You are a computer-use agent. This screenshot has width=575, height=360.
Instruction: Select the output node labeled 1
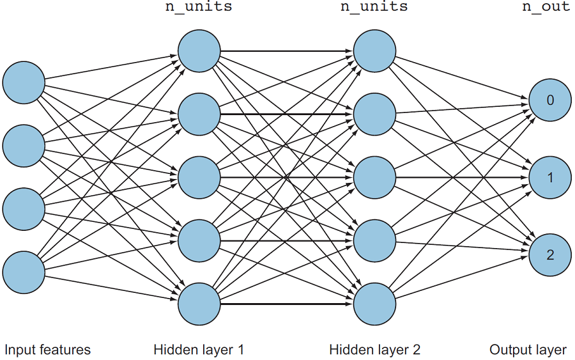click(x=550, y=177)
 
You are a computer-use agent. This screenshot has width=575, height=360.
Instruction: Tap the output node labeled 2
click(x=550, y=255)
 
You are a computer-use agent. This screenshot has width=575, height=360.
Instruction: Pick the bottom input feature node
click(x=24, y=272)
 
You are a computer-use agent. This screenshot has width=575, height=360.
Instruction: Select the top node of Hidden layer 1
click(x=199, y=51)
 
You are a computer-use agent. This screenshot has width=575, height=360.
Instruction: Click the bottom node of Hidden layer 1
click(x=199, y=304)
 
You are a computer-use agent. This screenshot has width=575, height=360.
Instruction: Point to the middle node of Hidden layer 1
click(x=199, y=177)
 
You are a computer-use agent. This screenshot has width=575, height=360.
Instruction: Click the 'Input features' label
click(x=48, y=350)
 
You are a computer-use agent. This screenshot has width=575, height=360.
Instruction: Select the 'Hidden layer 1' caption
click(x=199, y=350)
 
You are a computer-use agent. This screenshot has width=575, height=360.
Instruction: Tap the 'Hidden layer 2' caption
click(x=375, y=350)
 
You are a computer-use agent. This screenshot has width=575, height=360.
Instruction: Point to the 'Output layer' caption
click(x=528, y=350)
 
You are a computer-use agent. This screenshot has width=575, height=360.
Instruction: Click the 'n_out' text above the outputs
click(x=546, y=8)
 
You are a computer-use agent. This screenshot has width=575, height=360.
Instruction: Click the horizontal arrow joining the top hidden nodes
click(x=287, y=51)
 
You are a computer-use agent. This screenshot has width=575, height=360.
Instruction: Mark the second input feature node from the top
click(x=24, y=146)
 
